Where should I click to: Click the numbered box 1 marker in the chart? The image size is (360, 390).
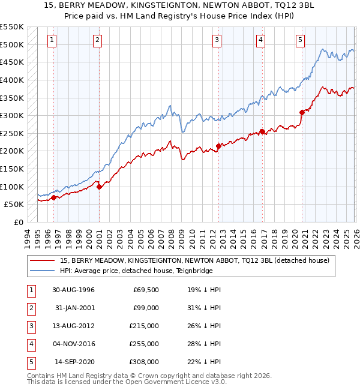53,40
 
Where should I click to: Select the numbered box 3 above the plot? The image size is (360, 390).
217,40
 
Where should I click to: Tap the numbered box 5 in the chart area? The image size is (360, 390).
299,40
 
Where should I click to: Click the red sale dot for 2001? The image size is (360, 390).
99,187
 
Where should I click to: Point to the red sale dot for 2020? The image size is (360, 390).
302,112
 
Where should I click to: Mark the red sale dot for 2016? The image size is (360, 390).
262,131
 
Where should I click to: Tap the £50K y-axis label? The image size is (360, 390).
14,205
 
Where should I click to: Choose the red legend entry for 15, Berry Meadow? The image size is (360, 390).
194,260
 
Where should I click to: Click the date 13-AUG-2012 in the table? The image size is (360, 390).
73,326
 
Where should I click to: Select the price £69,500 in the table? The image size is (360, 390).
146,290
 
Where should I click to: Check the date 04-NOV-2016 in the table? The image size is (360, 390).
73,344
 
